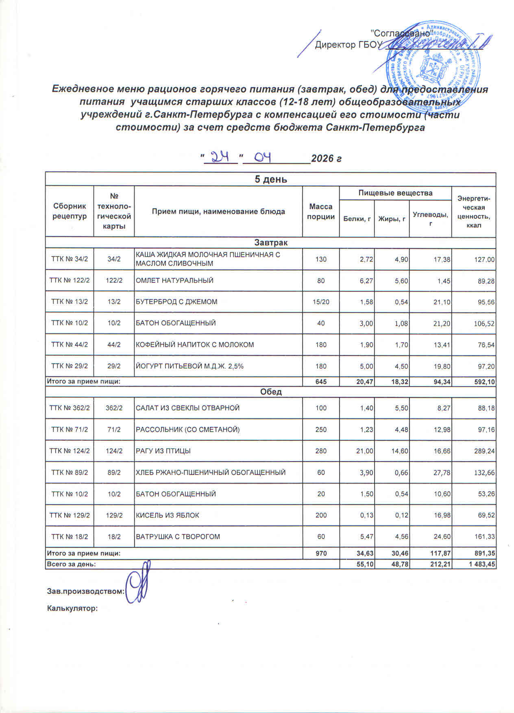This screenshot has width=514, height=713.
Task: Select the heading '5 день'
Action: tap(270, 179)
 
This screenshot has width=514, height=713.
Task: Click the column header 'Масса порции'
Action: tap(320, 212)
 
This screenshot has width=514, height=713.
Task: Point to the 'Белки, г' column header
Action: tap(357, 219)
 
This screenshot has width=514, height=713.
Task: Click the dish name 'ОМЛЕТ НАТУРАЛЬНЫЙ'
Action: tap(174, 281)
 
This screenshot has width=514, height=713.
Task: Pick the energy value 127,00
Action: tap(483, 260)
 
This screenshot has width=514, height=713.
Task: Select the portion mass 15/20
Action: tap(320, 302)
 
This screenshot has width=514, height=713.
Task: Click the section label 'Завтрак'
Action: tap(270, 243)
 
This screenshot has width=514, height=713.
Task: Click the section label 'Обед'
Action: tap(270, 392)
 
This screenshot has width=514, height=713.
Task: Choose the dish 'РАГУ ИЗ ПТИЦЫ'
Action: tap(163, 451)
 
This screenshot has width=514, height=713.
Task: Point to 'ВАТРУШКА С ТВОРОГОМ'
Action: tap(178, 537)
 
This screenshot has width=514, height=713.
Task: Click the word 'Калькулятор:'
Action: tap(72, 609)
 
